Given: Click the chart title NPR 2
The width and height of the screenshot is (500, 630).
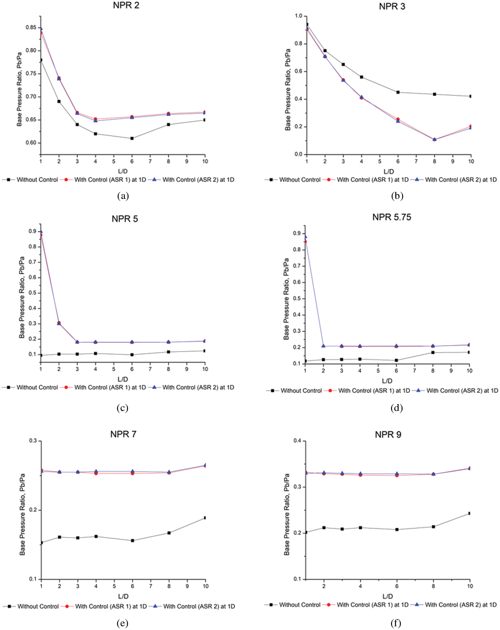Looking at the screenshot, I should click(126, 5).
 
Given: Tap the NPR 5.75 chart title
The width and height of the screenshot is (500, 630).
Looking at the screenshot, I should click(391, 217).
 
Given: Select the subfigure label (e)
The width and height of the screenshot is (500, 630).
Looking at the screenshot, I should click(122, 623).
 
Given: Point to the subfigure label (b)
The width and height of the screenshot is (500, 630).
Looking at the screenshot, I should click(397, 196).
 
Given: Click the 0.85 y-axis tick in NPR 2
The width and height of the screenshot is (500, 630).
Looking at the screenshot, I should click(31, 27).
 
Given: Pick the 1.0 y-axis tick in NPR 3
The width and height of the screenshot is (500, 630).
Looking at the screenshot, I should click(298, 16).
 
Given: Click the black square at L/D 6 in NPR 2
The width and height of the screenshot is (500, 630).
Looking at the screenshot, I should click(132, 138).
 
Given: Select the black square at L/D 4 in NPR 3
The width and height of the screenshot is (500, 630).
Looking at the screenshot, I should click(361, 77).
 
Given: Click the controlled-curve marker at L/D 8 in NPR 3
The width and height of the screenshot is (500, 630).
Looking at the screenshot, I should click(435, 140).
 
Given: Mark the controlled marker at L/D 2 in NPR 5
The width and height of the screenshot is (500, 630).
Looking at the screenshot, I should click(59, 323).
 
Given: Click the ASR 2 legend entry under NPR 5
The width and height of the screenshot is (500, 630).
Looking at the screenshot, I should click(198, 387).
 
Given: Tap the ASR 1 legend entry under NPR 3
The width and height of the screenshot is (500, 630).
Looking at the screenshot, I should click(372, 180).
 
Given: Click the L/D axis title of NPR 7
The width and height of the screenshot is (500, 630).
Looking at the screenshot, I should click(123, 596).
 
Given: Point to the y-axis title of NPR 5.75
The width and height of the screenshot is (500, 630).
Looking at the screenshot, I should click(286, 299).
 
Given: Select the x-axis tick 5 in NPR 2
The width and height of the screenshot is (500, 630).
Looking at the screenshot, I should click(114, 161).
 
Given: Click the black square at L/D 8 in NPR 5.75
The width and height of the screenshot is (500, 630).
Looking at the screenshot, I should click(433, 353).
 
